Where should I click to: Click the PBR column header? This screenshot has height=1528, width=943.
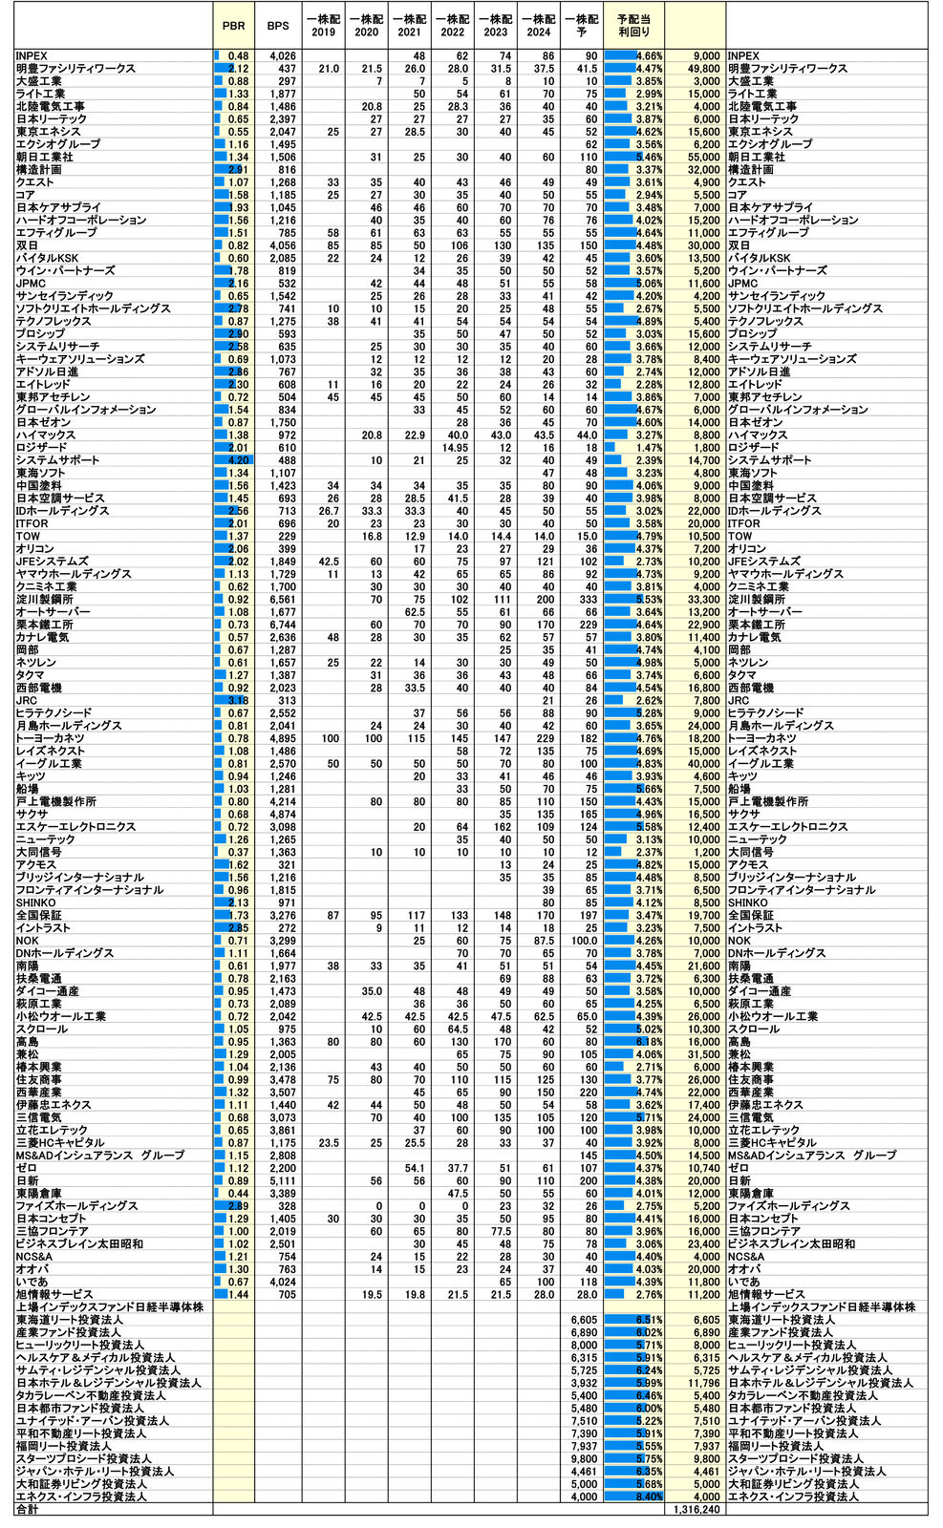pos(233,26)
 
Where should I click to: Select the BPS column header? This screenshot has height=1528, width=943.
pos(277,26)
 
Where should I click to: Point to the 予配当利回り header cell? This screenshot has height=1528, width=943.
pos(633,26)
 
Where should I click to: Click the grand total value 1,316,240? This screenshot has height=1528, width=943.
pos(696,1510)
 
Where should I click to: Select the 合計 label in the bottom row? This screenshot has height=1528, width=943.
pos(28,1510)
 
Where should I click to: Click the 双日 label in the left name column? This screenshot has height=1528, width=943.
pos(27,245)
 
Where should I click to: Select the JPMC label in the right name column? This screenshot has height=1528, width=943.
pos(743,284)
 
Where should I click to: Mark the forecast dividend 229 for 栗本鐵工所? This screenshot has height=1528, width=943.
pos(586,625)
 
